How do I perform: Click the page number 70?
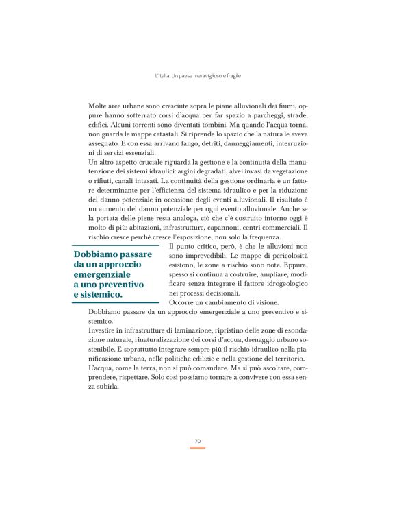click(197, 440)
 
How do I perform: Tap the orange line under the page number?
click(197, 448)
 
